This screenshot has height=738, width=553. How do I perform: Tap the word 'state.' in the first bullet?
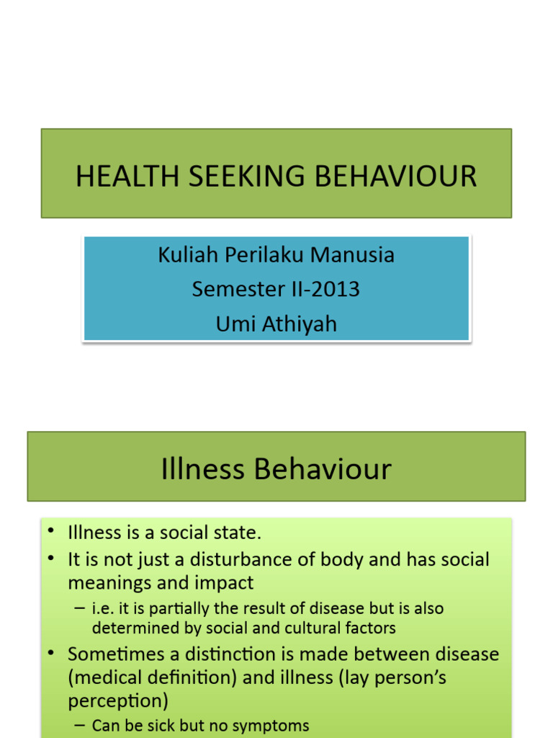pyautogui.click(x=237, y=533)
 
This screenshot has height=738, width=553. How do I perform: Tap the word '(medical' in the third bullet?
pyautogui.click(x=107, y=677)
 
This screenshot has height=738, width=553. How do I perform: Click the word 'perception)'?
pyautogui.click(x=118, y=701)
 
